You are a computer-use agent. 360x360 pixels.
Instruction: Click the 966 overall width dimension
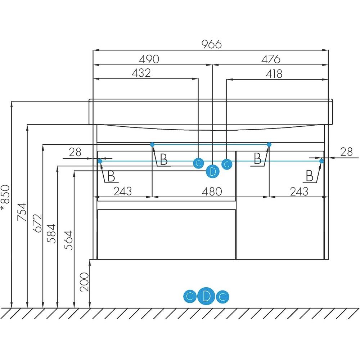(x=211, y=44)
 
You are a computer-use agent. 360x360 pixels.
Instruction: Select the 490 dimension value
(x=149, y=59)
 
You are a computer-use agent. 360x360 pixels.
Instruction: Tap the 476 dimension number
(x=271, y=59)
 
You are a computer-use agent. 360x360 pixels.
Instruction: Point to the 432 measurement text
(x=141, y=73)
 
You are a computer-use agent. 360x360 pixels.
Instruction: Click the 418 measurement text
(x=274, y=74)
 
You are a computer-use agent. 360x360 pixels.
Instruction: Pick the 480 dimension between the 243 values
(x=212, y=191)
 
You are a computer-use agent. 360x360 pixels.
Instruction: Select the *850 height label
(x=5, y=198)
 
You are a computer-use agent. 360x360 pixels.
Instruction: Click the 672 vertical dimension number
(x=38, y=223)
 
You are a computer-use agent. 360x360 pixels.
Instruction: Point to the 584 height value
(x=53, y=234)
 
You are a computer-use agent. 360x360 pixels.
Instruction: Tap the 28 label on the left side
(x=75, y=152)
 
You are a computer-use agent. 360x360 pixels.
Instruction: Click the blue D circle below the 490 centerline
(x=213, y=171)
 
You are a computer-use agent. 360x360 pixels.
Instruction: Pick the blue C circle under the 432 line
(x=198, y=163)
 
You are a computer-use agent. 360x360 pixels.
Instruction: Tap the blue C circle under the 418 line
(x=226, y=164)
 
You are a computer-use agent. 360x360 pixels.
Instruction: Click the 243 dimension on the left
(x=122, y=191)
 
